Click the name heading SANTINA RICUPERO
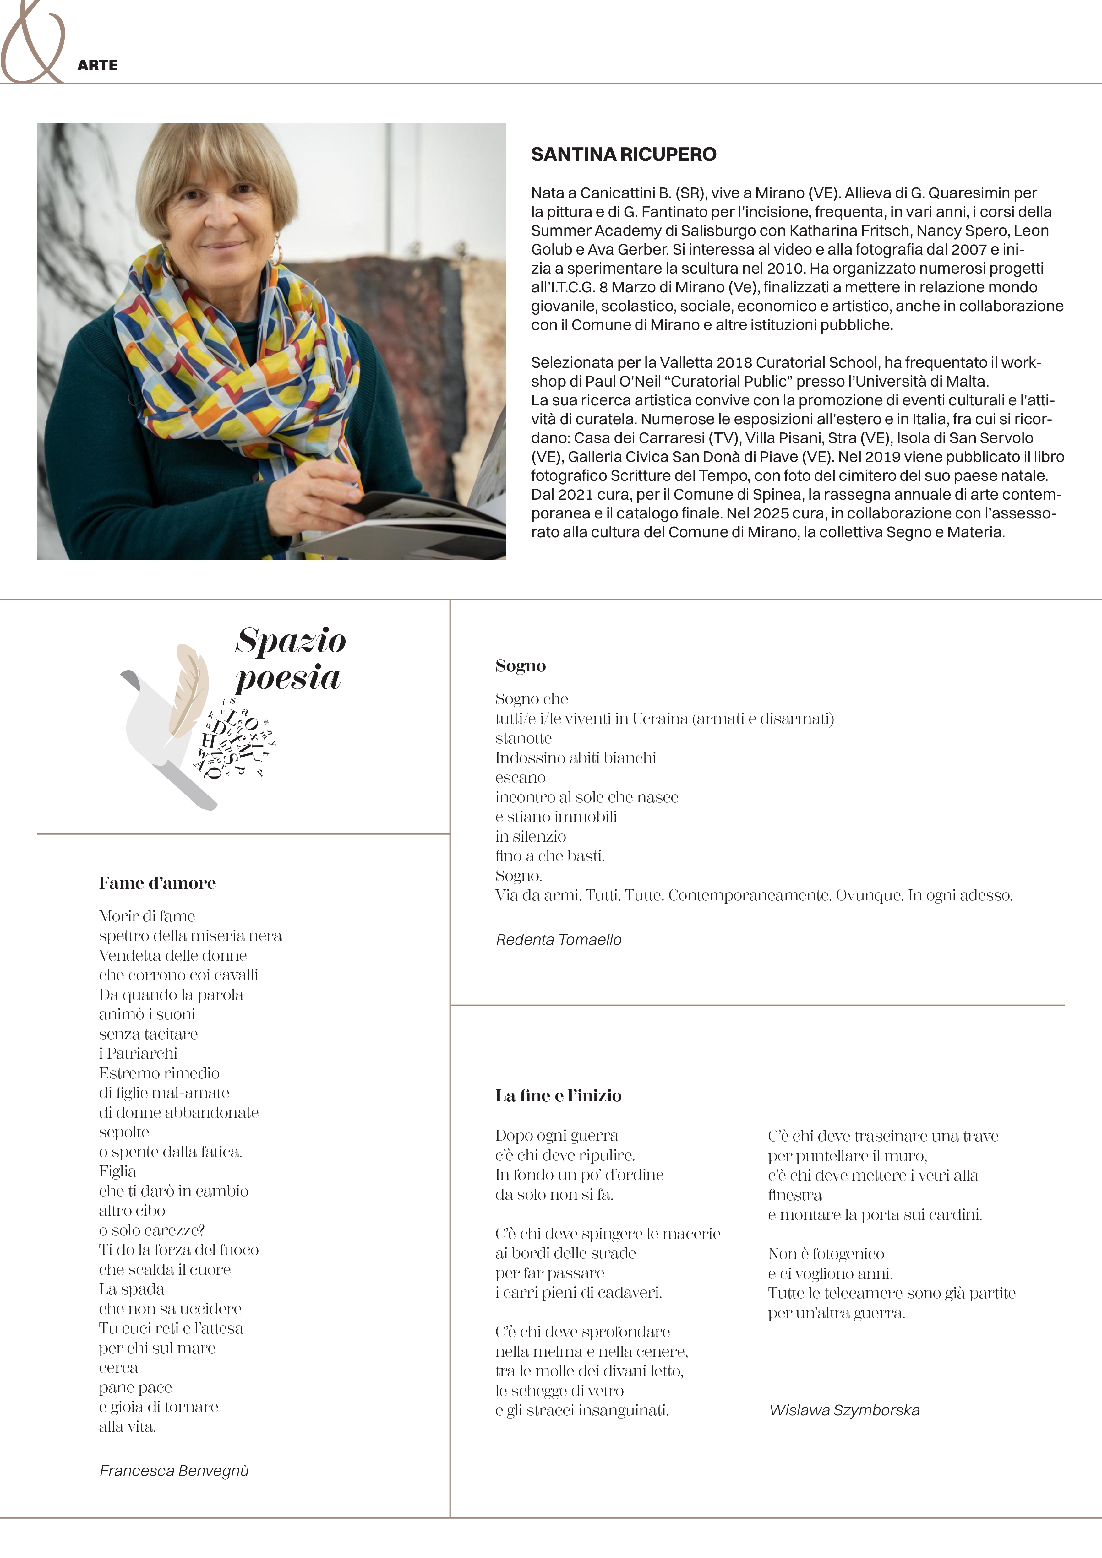click(x=623, y=155)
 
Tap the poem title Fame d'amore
click(x=157, y=883)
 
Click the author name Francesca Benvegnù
click(x=174, y=1470)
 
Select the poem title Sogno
click(x=521, y=666)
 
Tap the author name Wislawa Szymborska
click(x=844, y=1410)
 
